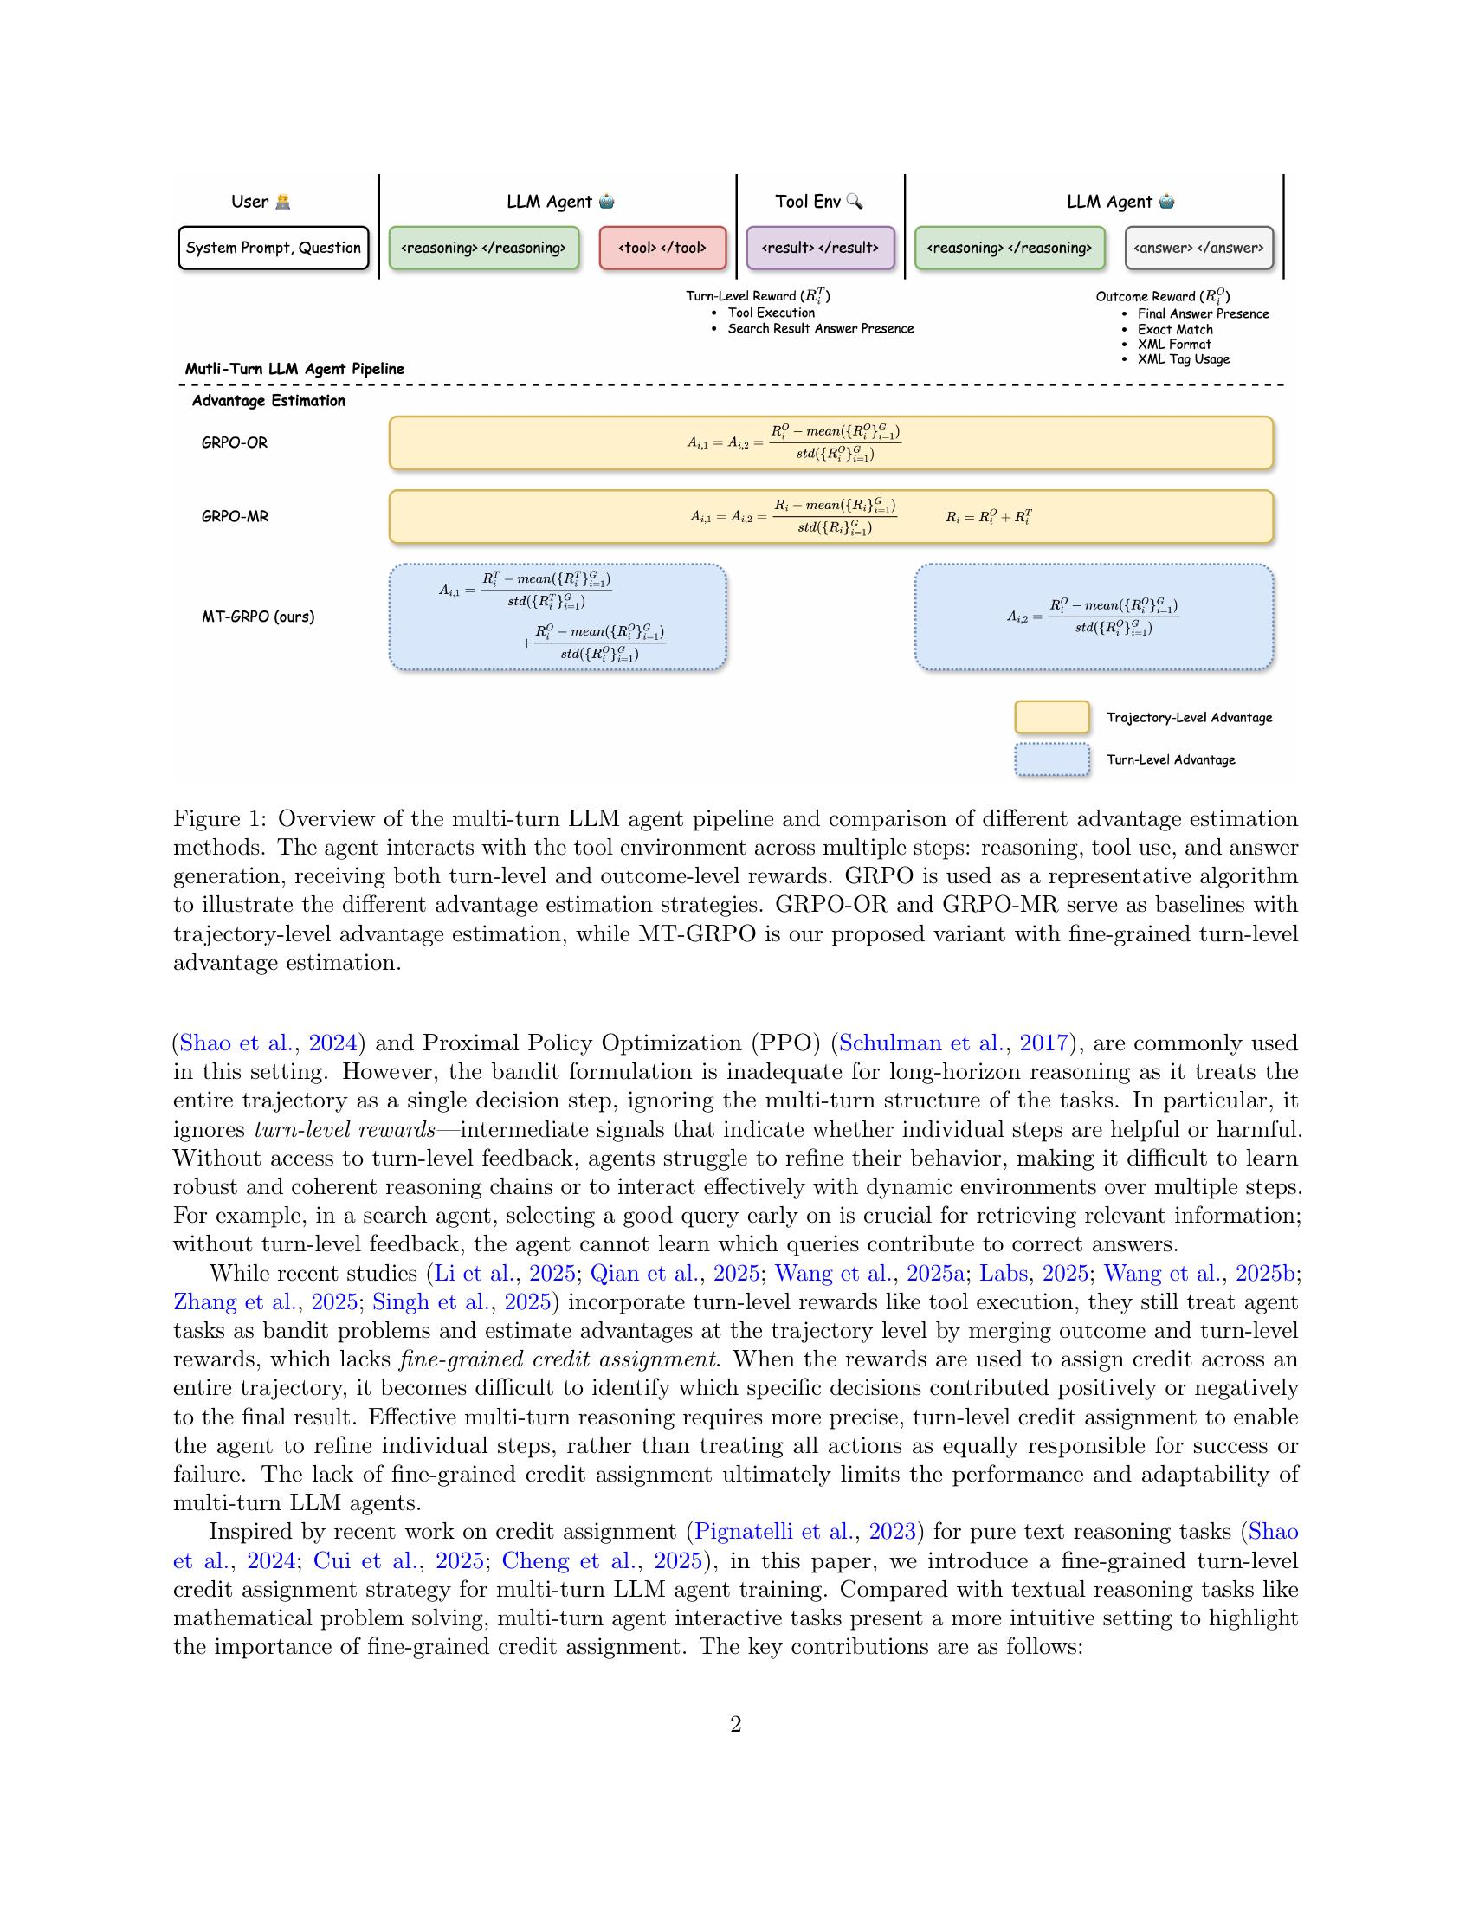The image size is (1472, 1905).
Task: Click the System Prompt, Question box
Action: [273, 248]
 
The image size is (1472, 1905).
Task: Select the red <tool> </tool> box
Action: [662, 248]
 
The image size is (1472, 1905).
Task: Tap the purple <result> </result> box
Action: [820, 248]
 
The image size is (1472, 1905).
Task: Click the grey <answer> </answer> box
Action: [1198, 248]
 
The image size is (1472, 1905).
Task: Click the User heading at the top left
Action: [250, 202]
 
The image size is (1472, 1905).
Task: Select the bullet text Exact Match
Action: [1175, 329]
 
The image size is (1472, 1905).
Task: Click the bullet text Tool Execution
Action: [771, 313]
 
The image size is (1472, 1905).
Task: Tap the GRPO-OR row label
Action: [235, 442]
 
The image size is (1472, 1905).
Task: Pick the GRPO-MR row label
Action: [235, 516]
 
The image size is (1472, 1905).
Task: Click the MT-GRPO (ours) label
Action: [258, 617]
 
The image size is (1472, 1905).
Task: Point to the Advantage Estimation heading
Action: [268, 400]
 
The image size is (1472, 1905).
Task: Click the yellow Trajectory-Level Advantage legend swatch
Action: [1052, 717]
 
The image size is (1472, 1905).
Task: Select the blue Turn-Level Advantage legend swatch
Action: [1052, 759]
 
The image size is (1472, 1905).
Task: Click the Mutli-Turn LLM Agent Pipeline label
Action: [294, 369]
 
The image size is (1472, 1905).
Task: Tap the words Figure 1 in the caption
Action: [219, 819]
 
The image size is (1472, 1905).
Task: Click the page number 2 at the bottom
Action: [735, 1724]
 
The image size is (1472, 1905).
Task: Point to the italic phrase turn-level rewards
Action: [345, 1129]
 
